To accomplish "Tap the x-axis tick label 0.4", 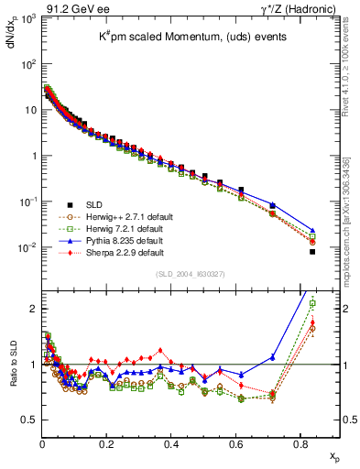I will pyautogui.click(x=171, y=440).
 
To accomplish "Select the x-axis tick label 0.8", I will pyautogui.click(x=300, y=440).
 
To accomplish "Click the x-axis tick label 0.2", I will pyautogui.click(x=107, y=440).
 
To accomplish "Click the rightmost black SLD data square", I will pyautogui.click(x=312, y=251).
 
